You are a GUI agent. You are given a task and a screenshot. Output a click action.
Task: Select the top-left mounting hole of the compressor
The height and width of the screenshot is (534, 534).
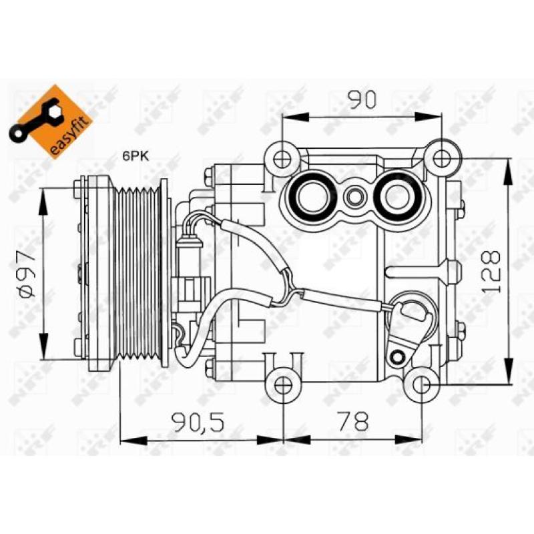pyautogui.click(x=282, y=159)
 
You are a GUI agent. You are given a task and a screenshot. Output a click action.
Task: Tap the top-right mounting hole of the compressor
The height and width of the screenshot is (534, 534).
pyautogui.click(x=441, y=158)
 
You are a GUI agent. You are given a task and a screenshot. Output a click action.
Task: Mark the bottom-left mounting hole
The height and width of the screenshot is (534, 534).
pyautogui.click(x=284, y=385)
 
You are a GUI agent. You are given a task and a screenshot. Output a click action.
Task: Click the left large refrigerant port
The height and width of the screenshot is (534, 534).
pyautogui.click(x=310, y=196)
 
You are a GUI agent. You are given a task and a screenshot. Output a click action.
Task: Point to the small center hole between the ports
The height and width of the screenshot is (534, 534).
pyautogui.click(x=354, y=196)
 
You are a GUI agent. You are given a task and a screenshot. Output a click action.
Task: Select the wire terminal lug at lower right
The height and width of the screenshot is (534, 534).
pyautogui.click(x=409, y=314)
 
